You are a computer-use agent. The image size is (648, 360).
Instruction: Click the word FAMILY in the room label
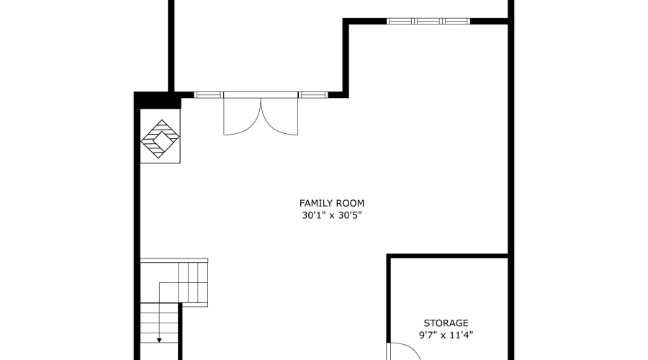(315, 203)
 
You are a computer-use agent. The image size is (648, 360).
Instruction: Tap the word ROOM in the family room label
(348, 203)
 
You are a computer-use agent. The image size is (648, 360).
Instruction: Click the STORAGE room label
(446, 323)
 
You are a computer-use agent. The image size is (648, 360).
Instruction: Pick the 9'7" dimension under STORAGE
(428, 335)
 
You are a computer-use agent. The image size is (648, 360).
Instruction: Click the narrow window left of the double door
(209, 94)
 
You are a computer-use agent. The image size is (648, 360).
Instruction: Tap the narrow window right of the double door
(312, 94)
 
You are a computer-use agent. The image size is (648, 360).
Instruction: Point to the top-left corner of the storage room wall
(390, 256)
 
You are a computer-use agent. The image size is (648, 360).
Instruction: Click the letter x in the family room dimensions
(331, 215)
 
